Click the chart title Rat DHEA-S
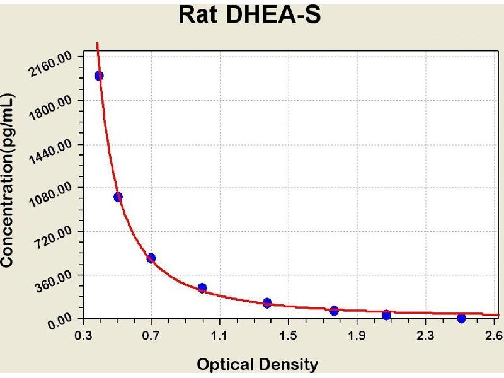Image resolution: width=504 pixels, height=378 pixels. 249,14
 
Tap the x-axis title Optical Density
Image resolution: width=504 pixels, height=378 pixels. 258,364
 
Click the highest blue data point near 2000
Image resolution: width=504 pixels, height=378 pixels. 99,76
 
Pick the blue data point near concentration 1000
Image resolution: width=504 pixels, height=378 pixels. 118,197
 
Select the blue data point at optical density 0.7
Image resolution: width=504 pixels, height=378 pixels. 151,258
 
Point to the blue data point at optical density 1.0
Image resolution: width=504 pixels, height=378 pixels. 202,288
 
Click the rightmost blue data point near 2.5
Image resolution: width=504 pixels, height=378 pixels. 462,318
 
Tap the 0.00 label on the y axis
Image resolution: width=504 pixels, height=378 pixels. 60,323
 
